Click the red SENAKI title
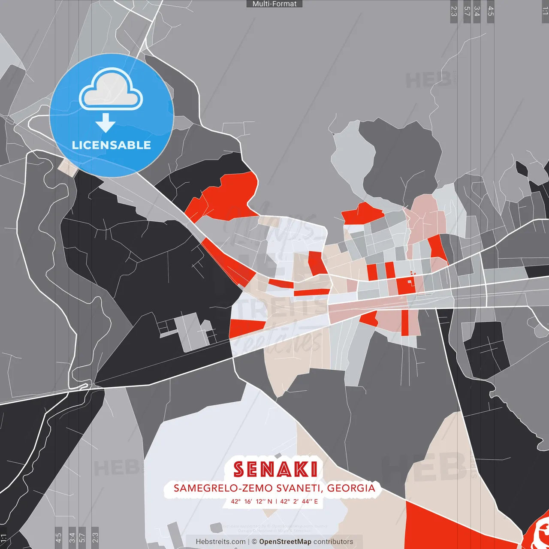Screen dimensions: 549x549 275,470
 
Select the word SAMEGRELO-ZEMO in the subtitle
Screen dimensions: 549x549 223,488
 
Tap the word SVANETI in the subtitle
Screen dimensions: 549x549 300,488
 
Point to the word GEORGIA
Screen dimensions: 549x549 351,488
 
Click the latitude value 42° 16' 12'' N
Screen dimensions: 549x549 251,501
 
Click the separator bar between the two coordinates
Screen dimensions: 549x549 276,501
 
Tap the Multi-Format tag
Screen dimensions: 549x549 274,4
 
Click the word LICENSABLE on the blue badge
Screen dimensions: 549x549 111,145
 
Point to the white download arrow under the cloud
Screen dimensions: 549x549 106,123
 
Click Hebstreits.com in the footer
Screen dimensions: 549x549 220,542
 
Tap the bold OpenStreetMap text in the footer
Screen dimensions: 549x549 285,542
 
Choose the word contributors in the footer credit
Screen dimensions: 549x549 333,542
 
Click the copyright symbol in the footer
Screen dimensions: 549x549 254,542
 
